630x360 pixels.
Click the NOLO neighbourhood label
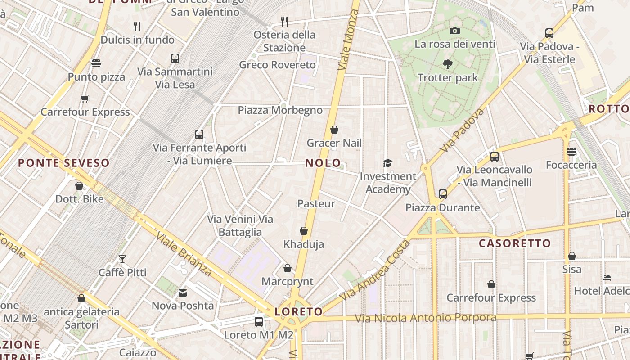click(323, 163)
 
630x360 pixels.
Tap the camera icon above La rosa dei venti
click(455, 31)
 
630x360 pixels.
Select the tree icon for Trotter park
click(447, 64)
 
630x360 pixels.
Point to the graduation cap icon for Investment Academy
click(387, 163)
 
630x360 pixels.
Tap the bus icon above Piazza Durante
click(443, 194)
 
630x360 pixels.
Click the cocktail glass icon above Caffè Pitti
click(122, 259)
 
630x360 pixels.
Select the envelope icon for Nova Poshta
click(183, 293)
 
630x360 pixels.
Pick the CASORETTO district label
click(515, 244)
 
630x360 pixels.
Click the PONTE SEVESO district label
click(64, 163)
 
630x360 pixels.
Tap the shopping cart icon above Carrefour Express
click(85, 99)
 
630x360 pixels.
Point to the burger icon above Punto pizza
click(96, 63)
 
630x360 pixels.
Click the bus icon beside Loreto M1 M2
click(259, 322)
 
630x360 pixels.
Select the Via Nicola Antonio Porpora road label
click(425, 318)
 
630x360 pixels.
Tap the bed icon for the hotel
click(607, 278)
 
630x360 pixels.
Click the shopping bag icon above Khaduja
click(304, 231)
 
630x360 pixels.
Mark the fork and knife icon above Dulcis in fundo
click(138, 26)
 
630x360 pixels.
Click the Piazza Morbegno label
click(280, 110)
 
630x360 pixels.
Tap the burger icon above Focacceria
click(571, 152)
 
